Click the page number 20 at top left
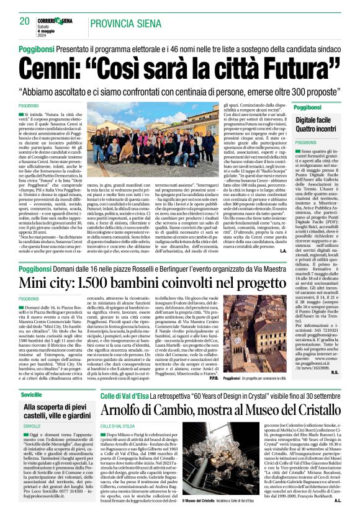pyautogui.click(x=25, y=21)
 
